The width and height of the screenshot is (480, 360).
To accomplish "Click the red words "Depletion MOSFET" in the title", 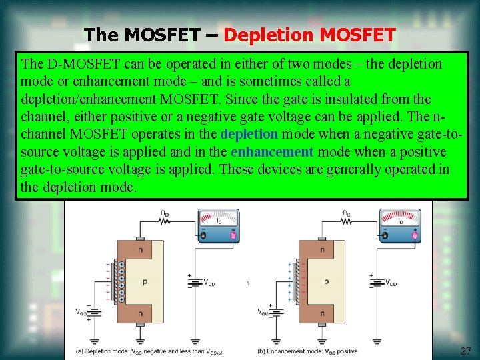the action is [x=309, y=34].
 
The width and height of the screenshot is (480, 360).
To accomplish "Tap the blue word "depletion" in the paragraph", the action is [x=249, y=134].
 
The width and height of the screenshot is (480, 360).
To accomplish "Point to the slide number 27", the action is [x=465, y=351].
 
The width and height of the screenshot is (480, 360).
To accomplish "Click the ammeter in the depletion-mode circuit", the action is [x=218, y=225].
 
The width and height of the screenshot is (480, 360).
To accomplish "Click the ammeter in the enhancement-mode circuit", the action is [x=399, y=225].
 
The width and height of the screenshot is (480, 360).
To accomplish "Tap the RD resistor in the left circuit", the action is [x=164, y=221].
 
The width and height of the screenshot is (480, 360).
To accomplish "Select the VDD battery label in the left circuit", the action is [x=209, y=281].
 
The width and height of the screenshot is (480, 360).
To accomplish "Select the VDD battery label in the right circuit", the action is [x=391, y=282].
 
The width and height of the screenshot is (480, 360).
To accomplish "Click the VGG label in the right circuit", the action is [x=263, y=311].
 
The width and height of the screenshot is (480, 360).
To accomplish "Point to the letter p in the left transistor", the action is [x=145, y=282].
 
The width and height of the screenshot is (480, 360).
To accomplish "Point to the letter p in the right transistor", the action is [x=326, y=282].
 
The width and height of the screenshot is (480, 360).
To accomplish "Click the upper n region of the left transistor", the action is [x=141, y=250].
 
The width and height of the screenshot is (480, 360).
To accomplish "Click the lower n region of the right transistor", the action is [x=322, y=313].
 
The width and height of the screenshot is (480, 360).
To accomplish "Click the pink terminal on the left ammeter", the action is [x=233, y=235].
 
